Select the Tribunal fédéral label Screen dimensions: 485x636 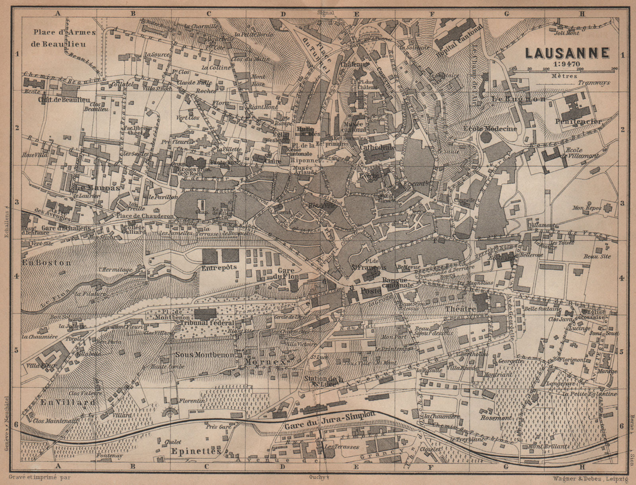(207, 323)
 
